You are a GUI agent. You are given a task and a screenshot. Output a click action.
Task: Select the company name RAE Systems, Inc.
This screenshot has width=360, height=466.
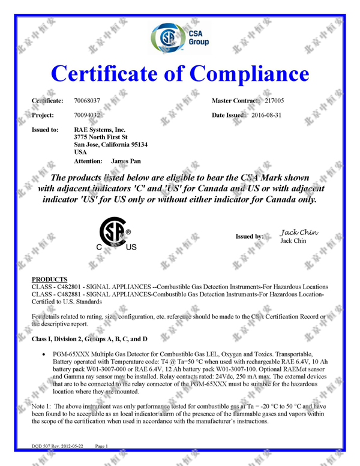pos(100,129)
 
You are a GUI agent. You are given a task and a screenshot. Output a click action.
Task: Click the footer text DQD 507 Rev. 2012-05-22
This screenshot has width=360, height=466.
pos(58,446)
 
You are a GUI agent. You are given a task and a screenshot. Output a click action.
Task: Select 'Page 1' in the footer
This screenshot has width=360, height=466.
pos(100,446)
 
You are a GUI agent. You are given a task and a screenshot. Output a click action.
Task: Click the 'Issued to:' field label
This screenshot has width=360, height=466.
pos(45,129)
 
